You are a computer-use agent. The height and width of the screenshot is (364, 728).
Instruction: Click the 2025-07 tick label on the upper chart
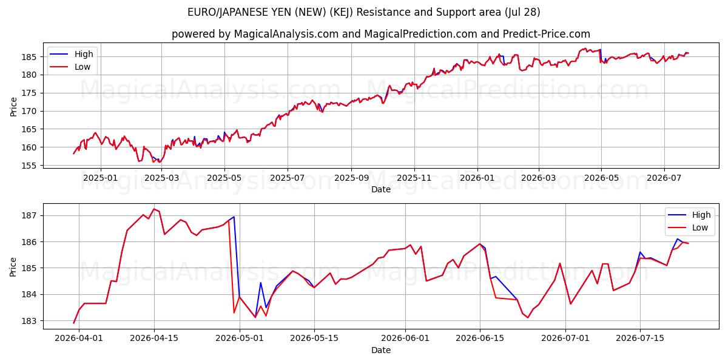[288, 178]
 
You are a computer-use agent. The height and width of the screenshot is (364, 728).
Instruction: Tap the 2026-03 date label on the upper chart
[539, 178]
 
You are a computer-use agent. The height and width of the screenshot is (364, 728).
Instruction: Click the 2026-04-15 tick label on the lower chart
[154, 338]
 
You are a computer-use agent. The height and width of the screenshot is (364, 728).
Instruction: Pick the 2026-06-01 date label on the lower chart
[405, 338]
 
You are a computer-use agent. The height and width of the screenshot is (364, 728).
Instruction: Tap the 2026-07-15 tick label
[640, 338]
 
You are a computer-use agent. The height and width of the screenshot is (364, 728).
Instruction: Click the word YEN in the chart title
[283, 12]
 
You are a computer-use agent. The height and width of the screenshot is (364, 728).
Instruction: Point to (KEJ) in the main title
[341, 12]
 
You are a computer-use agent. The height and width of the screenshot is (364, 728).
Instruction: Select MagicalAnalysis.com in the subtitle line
[286, 34]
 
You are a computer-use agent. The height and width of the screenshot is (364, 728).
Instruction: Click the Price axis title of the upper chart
[13, 107]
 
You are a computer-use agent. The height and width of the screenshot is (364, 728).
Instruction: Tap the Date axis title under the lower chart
[381, 350]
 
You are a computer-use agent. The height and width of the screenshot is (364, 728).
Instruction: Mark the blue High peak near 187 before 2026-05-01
[234, 217]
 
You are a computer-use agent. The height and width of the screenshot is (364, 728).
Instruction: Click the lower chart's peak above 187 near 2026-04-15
[154, 209]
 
